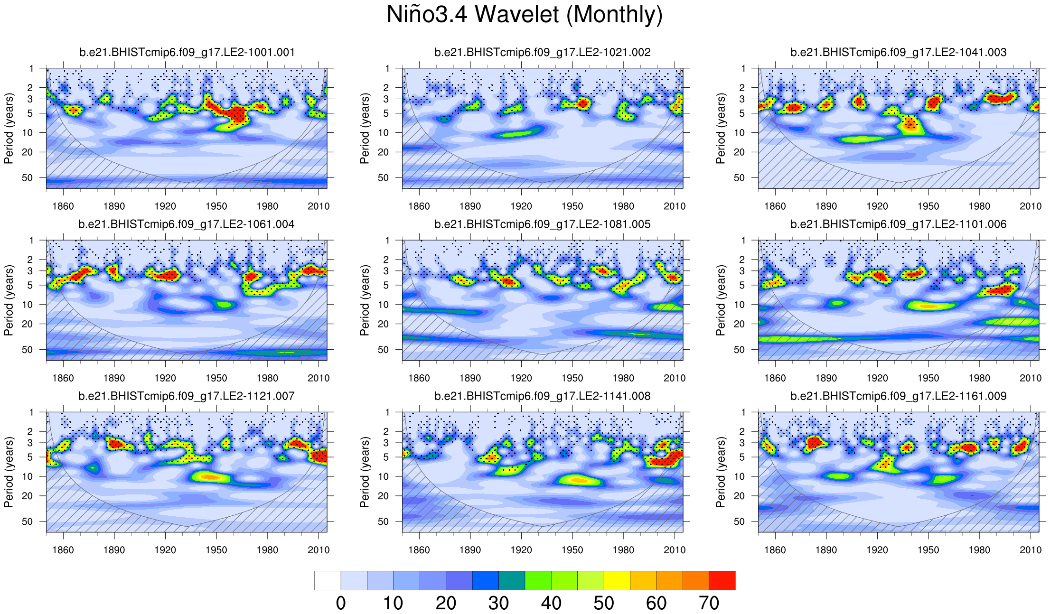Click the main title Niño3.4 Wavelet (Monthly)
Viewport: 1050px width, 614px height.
pos(525,14)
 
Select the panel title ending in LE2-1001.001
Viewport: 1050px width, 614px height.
pos(187,52)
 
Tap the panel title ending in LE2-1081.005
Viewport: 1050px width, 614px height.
pos(543,224)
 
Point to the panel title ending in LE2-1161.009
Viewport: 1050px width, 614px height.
pos(898,396)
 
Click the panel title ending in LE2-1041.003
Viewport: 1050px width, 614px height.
pos(898,52)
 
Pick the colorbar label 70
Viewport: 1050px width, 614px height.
pos(709,603)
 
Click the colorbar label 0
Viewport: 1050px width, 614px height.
pos(341,603)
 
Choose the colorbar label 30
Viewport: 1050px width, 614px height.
pos(498,603)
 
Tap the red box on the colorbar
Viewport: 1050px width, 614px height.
pos(722,580)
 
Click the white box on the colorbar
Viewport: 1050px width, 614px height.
pos(328,580)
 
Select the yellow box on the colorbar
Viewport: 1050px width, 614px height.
pos(617,580)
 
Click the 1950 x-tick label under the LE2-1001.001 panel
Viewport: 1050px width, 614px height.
pos(216,206)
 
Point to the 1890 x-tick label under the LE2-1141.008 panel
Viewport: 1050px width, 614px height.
pos(470,550)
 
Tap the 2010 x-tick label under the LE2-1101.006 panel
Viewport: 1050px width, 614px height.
pos(1031,378)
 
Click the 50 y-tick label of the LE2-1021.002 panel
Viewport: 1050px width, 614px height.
pos(384,178)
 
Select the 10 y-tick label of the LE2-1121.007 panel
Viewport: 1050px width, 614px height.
pos(28,476)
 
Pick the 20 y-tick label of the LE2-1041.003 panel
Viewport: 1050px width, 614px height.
pos(740,152)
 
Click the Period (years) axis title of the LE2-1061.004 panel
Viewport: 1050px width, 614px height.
pos(9,300)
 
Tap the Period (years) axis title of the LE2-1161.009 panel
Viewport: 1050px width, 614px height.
pos(721,472)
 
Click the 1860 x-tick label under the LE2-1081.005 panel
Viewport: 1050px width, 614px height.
pos(419,378)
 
